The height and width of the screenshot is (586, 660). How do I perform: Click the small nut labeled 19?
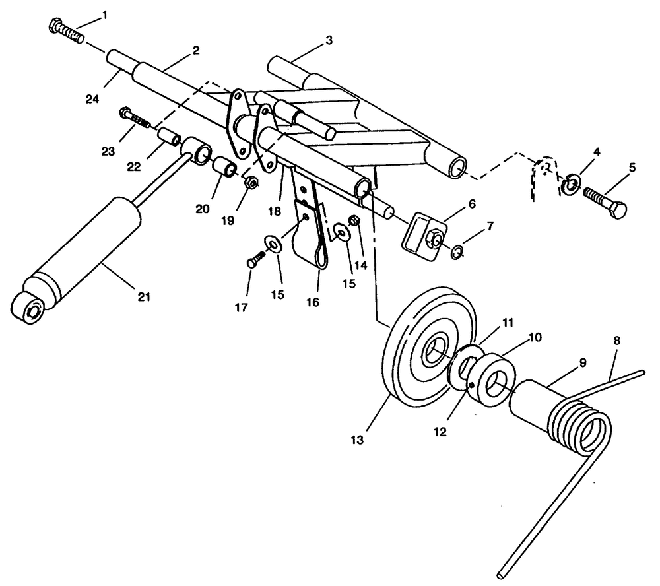[251, 182]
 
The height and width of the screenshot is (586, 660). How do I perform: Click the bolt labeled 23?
[137, 119]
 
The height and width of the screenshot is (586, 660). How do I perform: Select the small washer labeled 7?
[457, 252]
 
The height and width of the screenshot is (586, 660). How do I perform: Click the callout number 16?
[312, 302]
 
